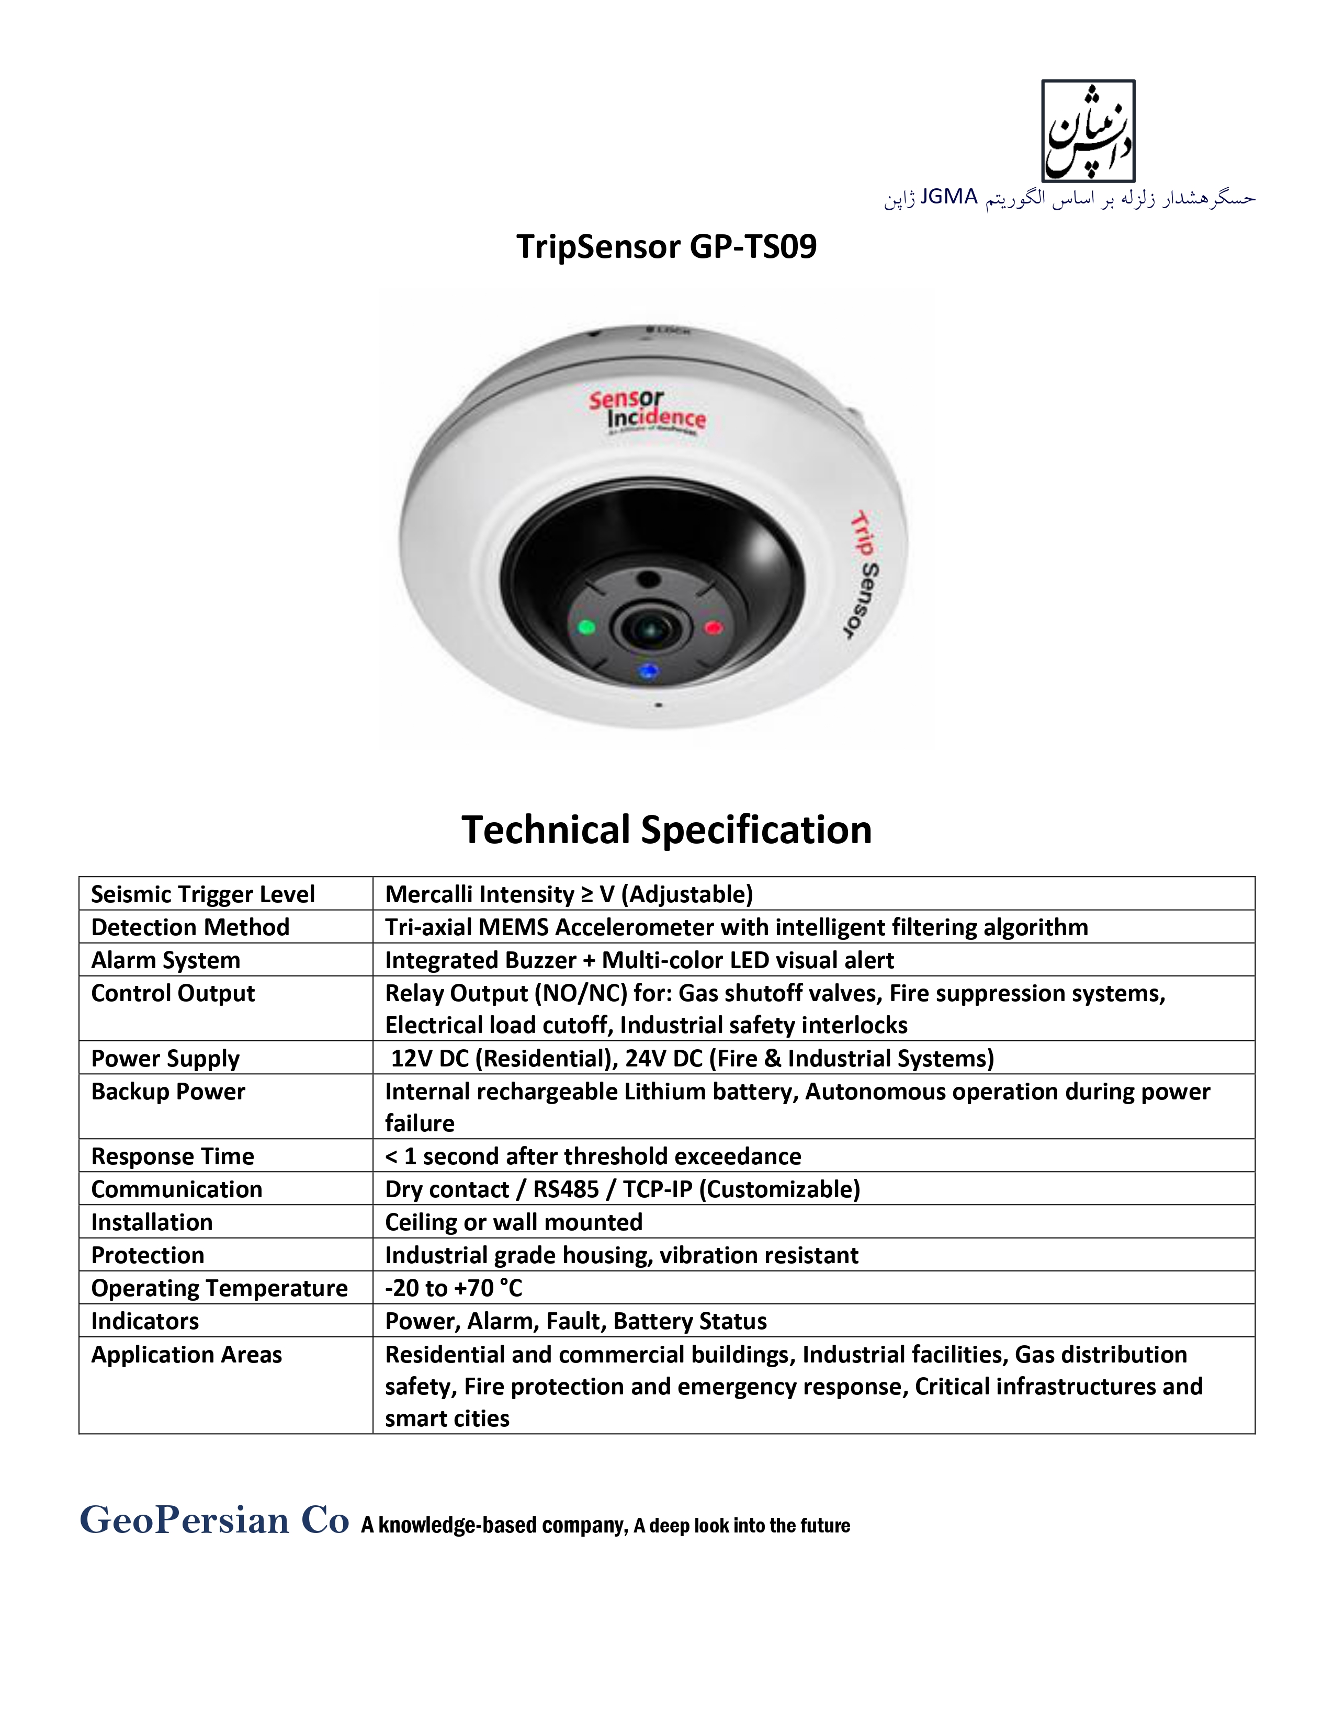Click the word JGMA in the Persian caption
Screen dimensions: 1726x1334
tap(949, 197)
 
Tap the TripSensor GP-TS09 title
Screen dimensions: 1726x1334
tap(666, 246)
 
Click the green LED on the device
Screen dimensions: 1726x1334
tap(586, 628)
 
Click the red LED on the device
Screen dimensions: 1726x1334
tap(713, 628)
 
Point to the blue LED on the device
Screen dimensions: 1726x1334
tap(649, 672)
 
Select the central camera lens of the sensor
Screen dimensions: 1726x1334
tap(650, 629)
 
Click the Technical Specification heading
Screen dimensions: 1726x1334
tap(666, 830)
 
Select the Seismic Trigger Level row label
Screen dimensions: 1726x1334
tap(202, 894)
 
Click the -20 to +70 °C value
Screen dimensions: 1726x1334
tap(454, 1288)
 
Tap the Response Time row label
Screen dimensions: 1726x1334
tap(172, 1156)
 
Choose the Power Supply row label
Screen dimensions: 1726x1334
tap(165, 1058)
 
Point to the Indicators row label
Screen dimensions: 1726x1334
tap(144, 1321)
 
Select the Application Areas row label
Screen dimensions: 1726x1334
tap(187, 1355)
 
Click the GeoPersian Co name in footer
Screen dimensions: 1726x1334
tap(214, 1520)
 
